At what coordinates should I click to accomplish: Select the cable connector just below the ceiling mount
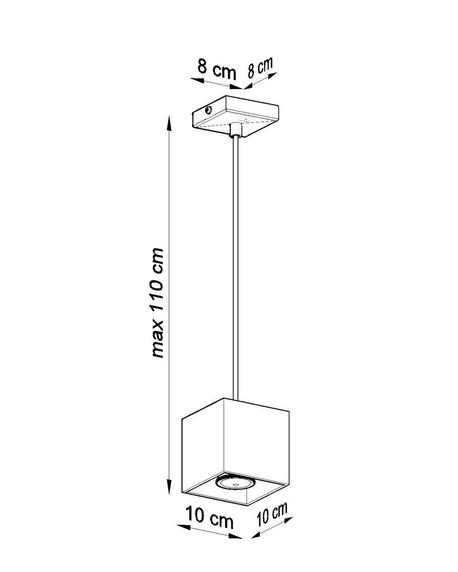click(235, 131)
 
